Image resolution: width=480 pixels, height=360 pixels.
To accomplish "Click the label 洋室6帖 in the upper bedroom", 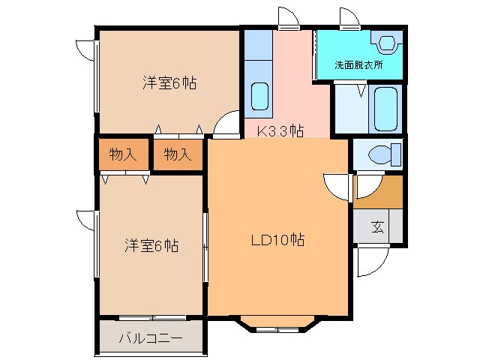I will click(169, 84).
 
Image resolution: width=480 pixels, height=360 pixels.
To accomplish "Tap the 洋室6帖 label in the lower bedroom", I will click(151, 245).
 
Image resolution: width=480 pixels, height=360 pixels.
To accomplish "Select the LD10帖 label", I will click(277, 241).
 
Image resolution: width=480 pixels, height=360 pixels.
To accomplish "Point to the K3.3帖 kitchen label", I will click(280, 131).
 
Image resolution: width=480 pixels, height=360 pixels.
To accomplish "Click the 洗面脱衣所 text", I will click(358, 65).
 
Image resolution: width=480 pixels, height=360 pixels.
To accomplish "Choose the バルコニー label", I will click(150, 339).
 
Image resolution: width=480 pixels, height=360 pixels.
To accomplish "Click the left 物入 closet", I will click(122, 155).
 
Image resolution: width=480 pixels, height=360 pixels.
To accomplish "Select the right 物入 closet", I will click(178, 155).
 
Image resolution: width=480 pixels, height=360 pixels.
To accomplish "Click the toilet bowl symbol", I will click(379, 155).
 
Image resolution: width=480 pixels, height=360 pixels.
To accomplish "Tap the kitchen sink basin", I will click(259, 97).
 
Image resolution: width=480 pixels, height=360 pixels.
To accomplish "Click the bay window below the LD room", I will click(277, 324).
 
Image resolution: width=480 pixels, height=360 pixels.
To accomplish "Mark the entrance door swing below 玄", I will click(368, 260).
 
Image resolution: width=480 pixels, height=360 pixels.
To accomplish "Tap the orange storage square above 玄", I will click(378, 191).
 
